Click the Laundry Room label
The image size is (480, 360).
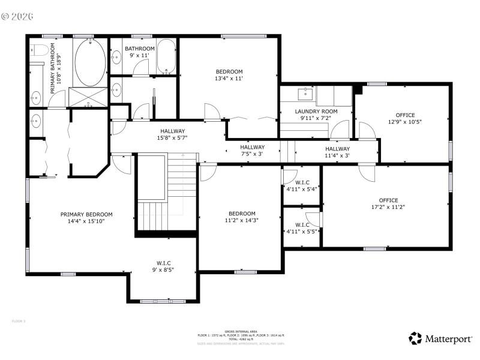click(x=316, y=111)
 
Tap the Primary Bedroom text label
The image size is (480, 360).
click(x=86, y=214)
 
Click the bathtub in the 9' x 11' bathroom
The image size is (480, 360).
click(x=166, y=56)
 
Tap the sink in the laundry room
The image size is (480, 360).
click(x=306, y=92)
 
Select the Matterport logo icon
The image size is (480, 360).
click(x=415, y=338)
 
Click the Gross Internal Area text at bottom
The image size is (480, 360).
click(x=241, y=331)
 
